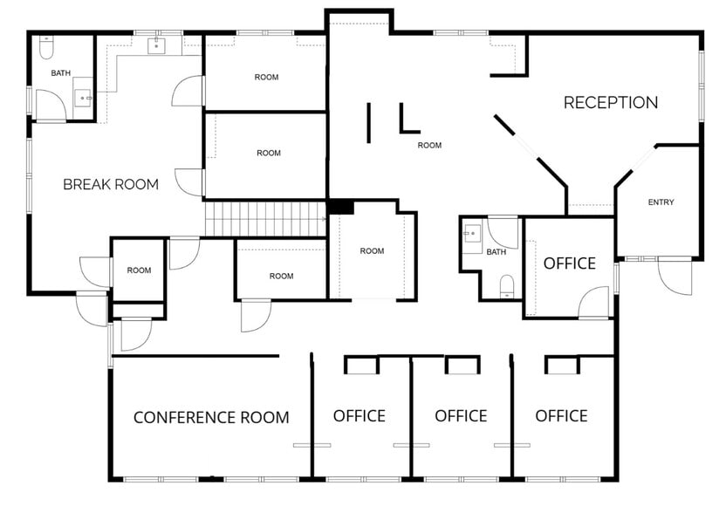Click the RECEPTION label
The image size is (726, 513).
point(610,103)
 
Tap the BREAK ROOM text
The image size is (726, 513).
point(111,184)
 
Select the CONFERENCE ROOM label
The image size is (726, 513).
point(211,417)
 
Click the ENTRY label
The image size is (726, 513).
point(661,202)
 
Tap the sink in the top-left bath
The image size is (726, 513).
point(84,95)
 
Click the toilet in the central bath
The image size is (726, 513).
point(505,285)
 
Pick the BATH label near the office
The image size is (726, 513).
point(496,252)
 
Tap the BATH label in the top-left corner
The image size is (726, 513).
point(60,73)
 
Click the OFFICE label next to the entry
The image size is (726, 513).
point(569,263)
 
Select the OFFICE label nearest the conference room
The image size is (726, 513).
point(359,415)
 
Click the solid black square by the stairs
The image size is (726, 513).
point(339,207)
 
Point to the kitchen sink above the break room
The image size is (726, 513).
point(158,45)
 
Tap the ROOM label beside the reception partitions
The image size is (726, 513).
point(429,146)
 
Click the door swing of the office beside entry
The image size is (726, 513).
point(594,303)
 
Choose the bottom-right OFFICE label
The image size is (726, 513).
point(561,415)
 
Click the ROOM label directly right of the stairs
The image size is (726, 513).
point(372,251)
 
